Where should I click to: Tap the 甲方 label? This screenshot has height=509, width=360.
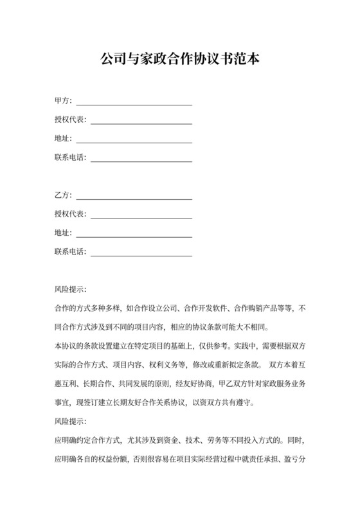(x=63, y=101)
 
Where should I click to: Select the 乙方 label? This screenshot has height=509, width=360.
(x=63, y=195)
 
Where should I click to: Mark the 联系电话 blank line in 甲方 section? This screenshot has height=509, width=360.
(x=141, y=159)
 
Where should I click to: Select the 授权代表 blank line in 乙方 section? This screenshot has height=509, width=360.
(x=141, y=215)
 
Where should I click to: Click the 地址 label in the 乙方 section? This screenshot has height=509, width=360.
(x=63, y=233)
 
